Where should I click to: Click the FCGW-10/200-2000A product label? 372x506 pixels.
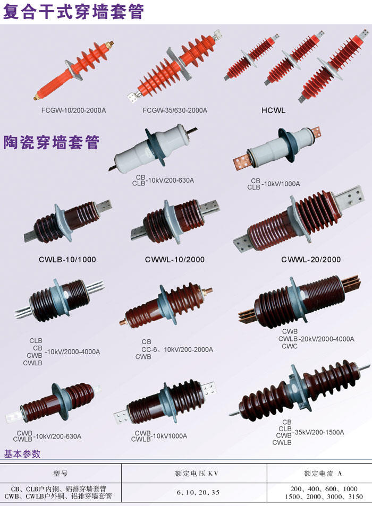(x=74, y=110)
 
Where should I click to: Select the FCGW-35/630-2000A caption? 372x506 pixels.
(x=175, y=110)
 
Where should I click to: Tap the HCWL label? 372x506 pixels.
(x=274, y=110)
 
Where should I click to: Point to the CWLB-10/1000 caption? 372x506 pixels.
(x=67, y=260)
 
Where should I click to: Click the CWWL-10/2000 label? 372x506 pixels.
(x=175, y=260)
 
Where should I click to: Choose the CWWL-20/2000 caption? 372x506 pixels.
(x=311, y=260)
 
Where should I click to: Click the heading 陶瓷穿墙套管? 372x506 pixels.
(x=52, y=142)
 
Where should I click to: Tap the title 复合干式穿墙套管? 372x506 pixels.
(x=73, y=12)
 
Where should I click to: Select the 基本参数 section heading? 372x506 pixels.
(x=22, y=454)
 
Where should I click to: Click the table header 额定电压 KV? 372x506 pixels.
(x=197, y=474)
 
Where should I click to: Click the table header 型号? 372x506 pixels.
(x=61, y=474)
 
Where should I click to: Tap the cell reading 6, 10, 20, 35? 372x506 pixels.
(x=198, y=492)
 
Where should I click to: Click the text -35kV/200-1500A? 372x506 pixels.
(x=318, y=432)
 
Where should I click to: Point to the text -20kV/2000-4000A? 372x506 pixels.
(x=326, y=339)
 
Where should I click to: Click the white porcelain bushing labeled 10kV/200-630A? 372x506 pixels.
(x=153, y=148)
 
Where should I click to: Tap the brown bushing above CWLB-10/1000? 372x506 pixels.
(x=68, y=221)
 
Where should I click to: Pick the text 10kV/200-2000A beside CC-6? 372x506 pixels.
(x=188, y=349)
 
